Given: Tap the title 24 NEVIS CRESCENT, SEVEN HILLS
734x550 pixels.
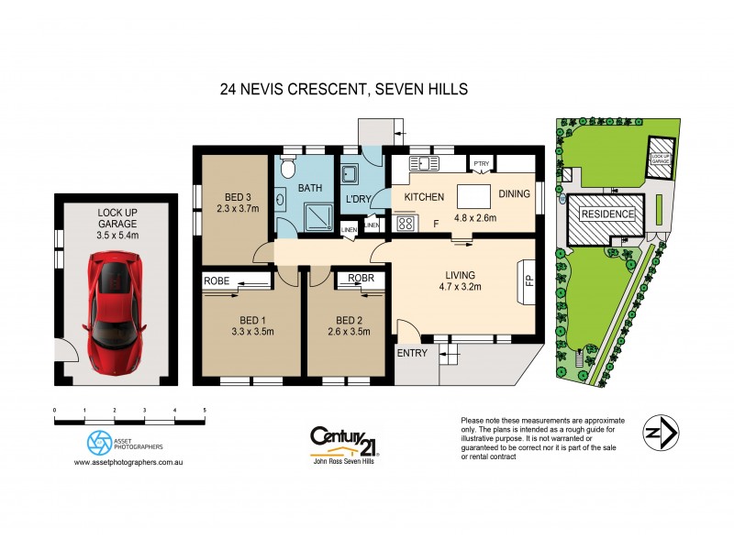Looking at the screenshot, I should click(344, 89).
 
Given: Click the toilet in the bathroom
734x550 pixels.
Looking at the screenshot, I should click(286, 169).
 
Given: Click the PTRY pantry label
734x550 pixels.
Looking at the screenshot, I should click(482, 165).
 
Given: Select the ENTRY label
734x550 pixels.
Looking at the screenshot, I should click(412, 353).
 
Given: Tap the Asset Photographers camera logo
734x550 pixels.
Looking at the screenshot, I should click(99, 443).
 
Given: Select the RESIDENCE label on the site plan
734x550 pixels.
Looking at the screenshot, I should click(607, 214).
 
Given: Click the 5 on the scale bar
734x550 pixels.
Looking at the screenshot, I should click(204, 410).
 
